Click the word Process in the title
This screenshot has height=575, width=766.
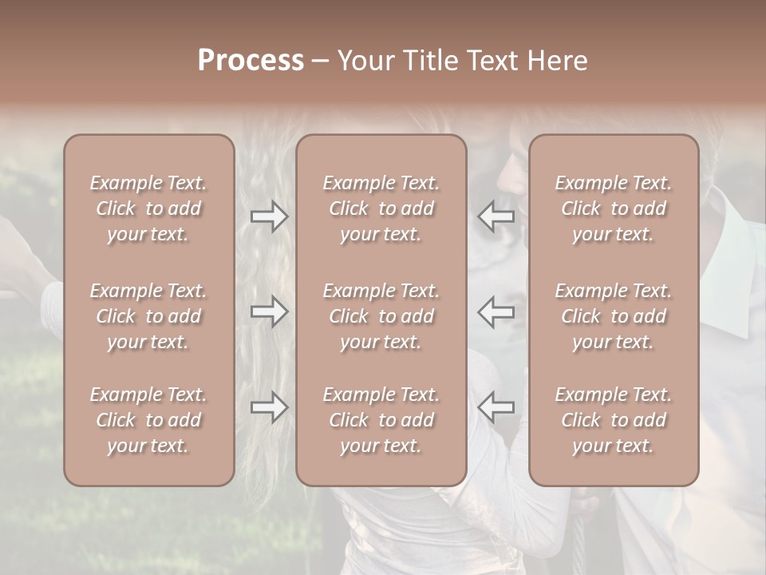tap(251, 61)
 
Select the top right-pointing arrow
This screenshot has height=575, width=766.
tap(270, 216)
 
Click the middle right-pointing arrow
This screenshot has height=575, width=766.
tap(270, 311)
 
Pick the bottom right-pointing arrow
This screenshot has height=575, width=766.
tap(270, 407)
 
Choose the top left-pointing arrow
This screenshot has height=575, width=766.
tap(496, 216)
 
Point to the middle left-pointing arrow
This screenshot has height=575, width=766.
tap(496, 311)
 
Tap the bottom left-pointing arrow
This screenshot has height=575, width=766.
tap(496, 407)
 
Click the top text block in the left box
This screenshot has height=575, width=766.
tap(148, 208)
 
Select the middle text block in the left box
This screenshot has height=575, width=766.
tap(148, 316)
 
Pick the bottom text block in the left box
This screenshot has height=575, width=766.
tap(148, 420)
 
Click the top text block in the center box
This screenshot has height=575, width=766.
tap(381, 208)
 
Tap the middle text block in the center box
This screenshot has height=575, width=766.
tap(381, 316)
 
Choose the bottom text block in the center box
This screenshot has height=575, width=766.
tap(381, 420)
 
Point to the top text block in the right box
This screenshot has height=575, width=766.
tap(613, 208)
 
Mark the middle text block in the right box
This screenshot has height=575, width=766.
tap(613, 316)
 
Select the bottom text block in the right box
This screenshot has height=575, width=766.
tap(613, 420)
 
